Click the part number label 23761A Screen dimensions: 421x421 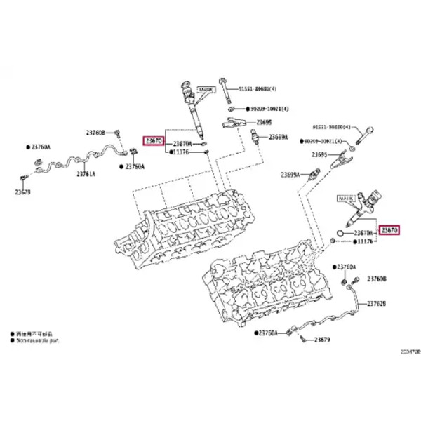pyautogui.click(x=86, y=173)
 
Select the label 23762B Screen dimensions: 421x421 pyautogui.click(x=377, y=303)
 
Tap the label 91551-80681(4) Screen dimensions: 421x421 pyautogui.click(x=258, y=88)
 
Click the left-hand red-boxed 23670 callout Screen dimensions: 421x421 pyautogui.click(x=154, y=141)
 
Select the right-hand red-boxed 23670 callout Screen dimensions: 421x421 pyautogui.click(x=389, y=229)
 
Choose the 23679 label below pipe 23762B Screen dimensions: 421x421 pyautogui.click(x=321, y=340)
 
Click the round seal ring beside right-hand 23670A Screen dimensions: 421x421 pyautogui.click(x=338, y=231)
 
